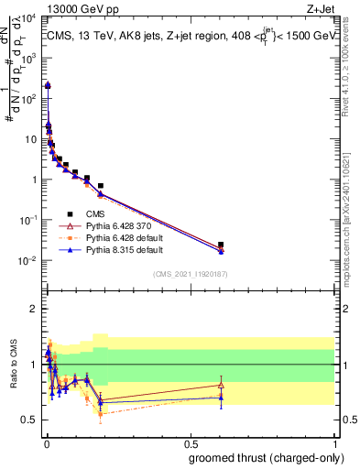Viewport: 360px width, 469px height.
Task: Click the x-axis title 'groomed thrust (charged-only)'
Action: click(x=266, y=458)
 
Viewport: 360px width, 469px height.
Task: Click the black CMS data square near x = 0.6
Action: click(x=221, y=245)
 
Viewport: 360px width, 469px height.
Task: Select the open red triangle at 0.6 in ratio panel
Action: click(x=221, y=384)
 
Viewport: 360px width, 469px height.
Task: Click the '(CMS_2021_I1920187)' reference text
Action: click(x=190, y=273)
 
